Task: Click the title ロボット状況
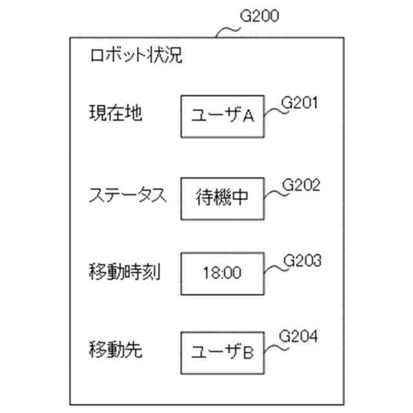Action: (135, 55)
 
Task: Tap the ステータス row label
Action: (127, 194)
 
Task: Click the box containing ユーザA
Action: (222, 116)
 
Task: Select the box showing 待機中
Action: (222, 197)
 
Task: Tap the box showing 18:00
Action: (222, 274)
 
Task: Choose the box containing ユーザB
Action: (222, 353)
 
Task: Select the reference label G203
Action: (302, 261)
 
